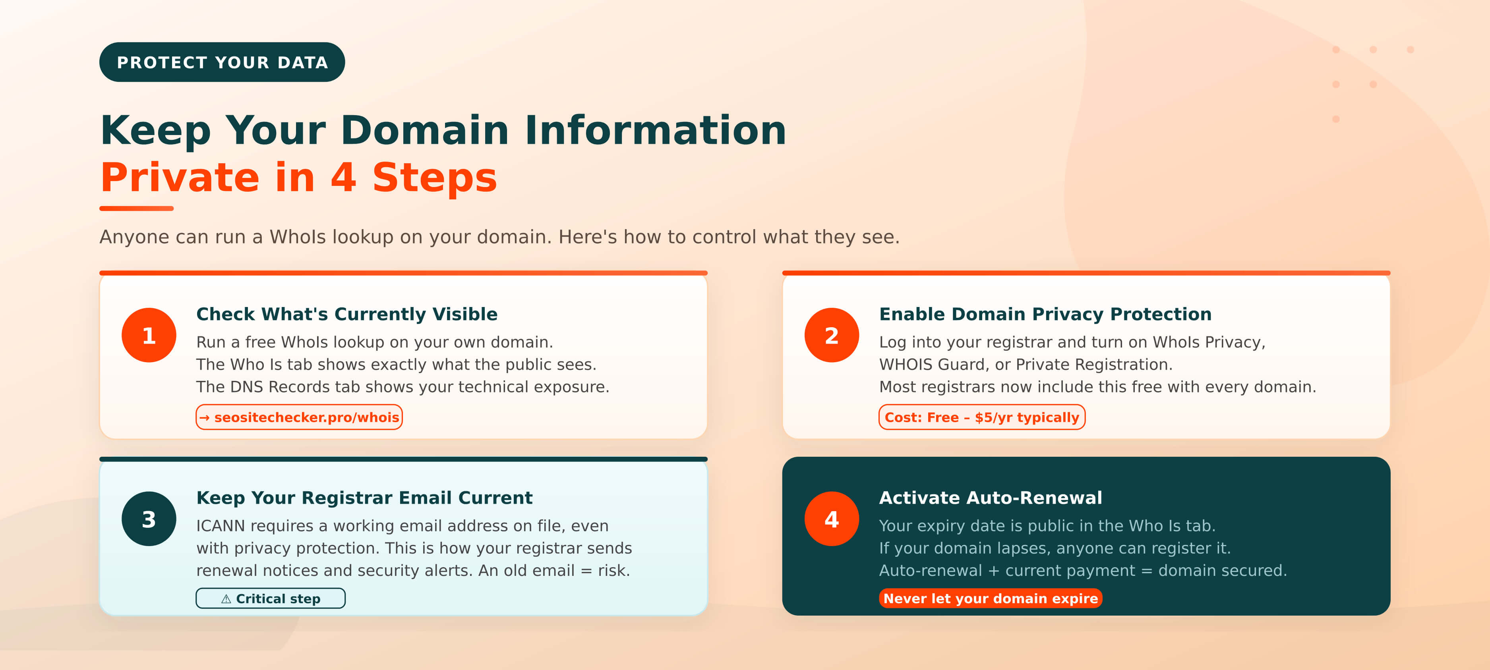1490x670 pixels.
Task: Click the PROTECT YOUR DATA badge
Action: tap(222, 62)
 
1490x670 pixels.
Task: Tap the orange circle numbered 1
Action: tap(149, 335)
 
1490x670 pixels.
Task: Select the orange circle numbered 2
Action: tap(831, 335)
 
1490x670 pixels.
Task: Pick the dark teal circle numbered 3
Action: tap(149, 519)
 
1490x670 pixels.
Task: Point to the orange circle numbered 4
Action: tap(831, 519)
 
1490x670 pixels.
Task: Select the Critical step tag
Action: tap(271, 599)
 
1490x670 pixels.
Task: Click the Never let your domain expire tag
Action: tap(990, 599)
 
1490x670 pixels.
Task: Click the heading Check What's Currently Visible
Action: tap(346, 314)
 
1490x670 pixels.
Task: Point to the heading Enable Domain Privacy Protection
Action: tap(1045, 314)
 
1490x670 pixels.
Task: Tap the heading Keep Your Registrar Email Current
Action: tap(364, 498)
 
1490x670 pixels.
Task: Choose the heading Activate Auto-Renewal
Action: tap(990, 498)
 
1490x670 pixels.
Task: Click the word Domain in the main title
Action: tap(425, 130)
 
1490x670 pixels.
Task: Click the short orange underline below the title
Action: tap(137, 208)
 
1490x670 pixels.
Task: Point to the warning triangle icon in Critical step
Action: tap(226, 599)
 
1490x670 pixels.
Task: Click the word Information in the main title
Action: tap(655, 130)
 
